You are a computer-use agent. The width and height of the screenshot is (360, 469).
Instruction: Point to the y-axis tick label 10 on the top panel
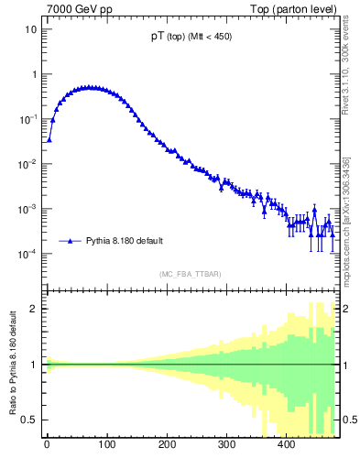pyautogui.click(x=30, y=29)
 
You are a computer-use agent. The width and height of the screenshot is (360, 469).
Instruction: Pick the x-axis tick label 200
pyautogui.click(x=166, y=446)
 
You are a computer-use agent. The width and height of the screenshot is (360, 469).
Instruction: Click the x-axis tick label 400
pyautogui.click(x=286, y=446)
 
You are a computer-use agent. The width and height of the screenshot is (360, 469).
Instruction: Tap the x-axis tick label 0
pyautogui.click(x=47, y=446)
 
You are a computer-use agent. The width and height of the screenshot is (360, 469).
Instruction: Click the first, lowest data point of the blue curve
pyautogui.click(x=49, y=140)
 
